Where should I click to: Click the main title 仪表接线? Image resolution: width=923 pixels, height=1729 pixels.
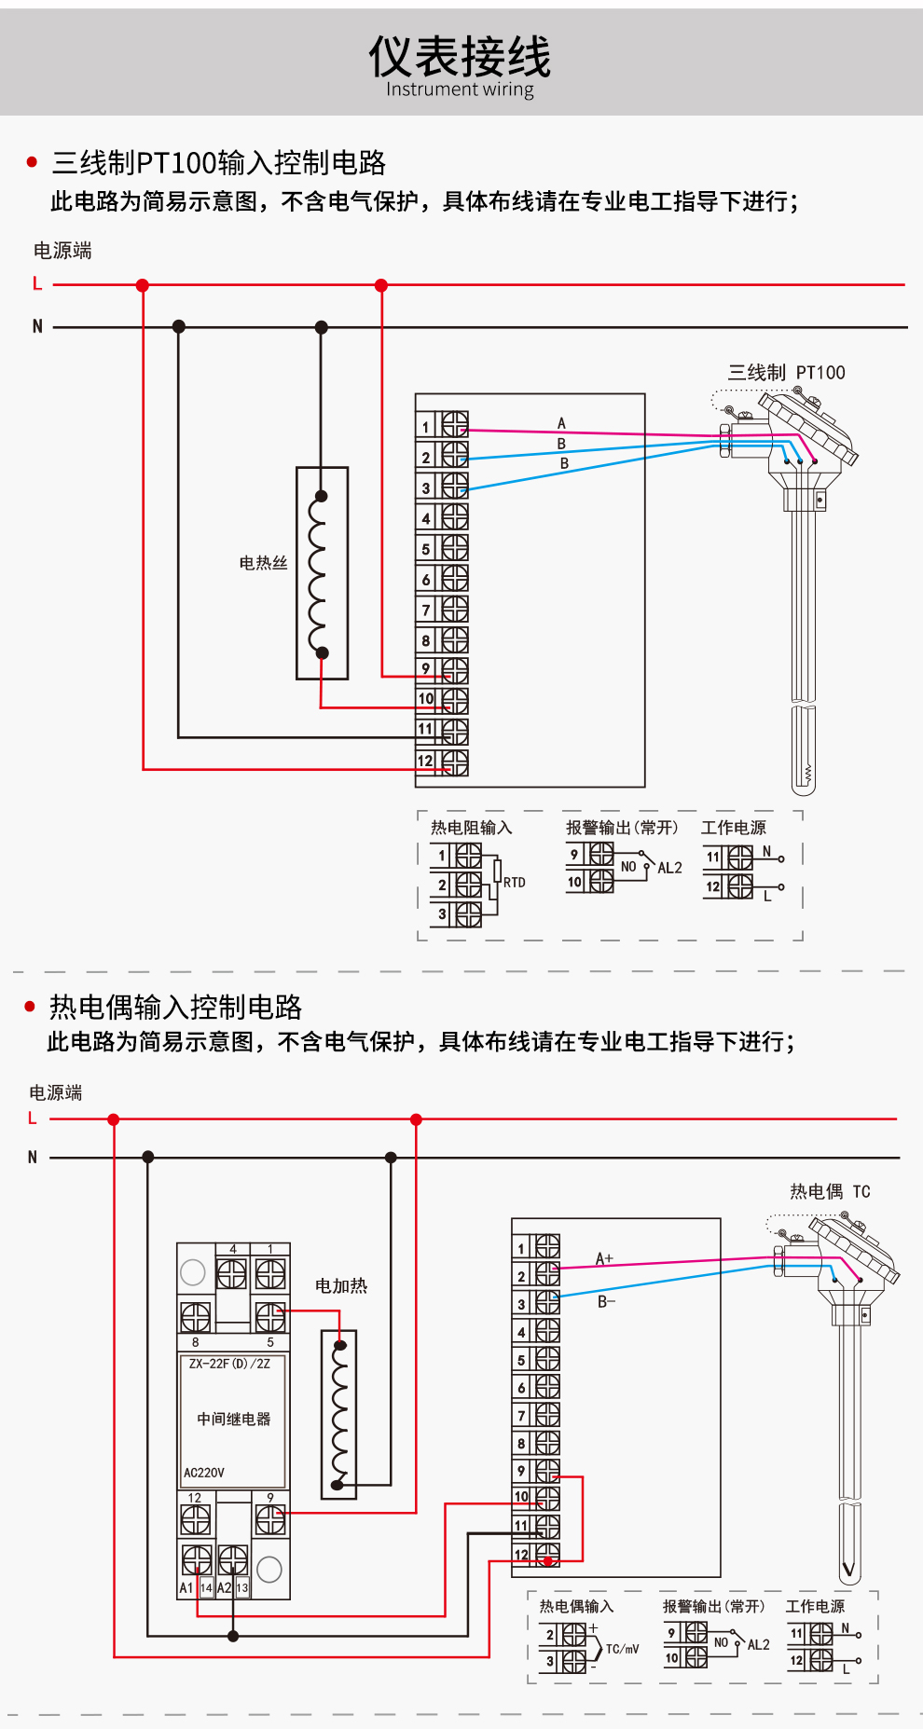pos(460,57)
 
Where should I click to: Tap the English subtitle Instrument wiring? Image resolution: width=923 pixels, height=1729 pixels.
pos(460,89)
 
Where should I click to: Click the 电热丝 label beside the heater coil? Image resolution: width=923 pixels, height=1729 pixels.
pos(263,563)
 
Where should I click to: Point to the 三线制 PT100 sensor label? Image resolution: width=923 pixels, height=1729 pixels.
pos(786,373)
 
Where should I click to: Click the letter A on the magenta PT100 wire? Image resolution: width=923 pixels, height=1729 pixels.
pos(561,423)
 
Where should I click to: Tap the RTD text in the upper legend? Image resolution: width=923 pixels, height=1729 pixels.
pos(515,882)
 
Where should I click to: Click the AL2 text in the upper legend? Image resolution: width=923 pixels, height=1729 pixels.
pos(669,868)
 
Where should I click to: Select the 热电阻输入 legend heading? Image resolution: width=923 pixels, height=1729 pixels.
pos(471,828)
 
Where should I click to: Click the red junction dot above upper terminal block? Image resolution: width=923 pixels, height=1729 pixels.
pos(381,285)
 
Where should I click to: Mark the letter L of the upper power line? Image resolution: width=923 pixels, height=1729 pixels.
pos(37,284)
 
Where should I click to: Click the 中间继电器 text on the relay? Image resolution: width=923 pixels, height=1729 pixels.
pos(233,1419)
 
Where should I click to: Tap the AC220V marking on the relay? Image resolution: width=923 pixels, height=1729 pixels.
pos(204,1473)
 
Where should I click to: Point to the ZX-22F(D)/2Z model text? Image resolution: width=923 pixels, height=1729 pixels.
pos(229,1364)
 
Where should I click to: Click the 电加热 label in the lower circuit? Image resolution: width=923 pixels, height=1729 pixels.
pos(340,1286)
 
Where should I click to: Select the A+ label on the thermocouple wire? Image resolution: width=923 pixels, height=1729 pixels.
pos(604,1258)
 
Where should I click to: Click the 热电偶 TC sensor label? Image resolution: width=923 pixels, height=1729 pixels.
pos(830,1191)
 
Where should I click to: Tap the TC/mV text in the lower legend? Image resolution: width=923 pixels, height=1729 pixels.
pos(622,1649)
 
